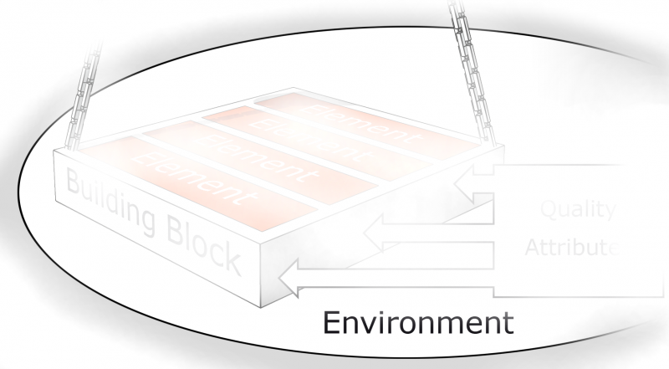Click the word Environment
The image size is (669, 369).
click(x=417, y=322)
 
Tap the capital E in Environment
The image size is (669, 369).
click(x=331, y=322)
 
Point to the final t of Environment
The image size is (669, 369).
click(x=504, y=322)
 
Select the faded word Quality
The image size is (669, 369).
click(x=577, y=209)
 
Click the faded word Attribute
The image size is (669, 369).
click(x=573, y=248)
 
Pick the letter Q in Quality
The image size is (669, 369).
click(x=548, y=209)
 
